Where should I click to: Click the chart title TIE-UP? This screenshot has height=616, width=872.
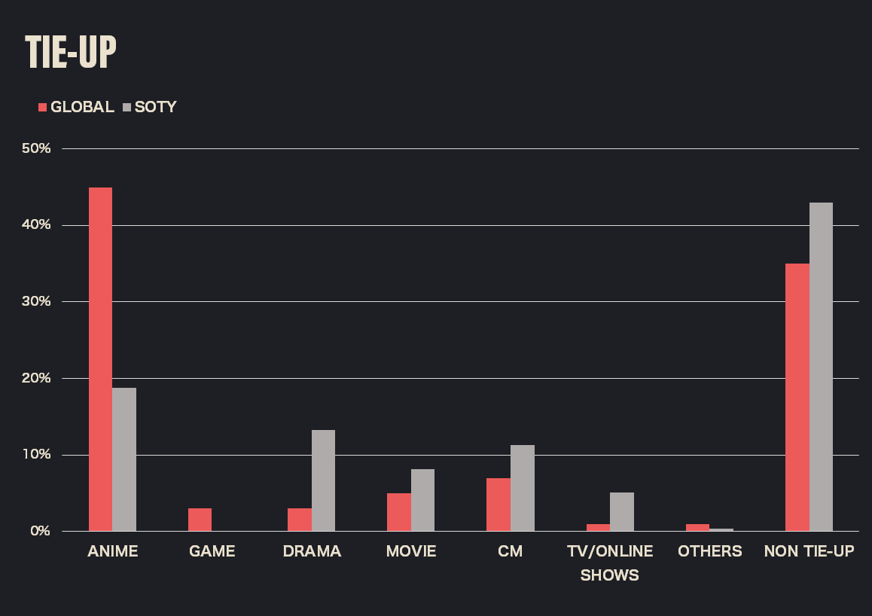point(71,52)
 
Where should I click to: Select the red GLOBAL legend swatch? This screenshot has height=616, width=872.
point(43,107)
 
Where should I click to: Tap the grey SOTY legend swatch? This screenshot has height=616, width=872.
point(127,107)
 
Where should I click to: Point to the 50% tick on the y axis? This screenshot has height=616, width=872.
point(36,148)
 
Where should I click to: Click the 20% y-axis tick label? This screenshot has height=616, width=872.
point(36,378)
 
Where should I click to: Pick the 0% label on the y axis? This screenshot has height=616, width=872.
point(39,531)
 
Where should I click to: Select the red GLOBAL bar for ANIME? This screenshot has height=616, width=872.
point(100,359)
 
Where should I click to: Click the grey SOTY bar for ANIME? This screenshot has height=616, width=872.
point(124,459)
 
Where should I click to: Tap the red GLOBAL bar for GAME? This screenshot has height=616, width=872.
point(200,520)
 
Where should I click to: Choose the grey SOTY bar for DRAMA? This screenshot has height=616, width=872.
point(323,480)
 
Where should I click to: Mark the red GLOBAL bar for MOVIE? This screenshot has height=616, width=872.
point(398,512)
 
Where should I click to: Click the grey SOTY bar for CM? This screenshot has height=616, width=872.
point(522,488)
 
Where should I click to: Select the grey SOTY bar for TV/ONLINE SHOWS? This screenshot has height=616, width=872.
point(621,512)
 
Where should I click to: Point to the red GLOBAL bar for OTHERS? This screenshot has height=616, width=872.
point(697,527)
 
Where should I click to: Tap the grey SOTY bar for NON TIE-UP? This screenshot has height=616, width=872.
point(821,367)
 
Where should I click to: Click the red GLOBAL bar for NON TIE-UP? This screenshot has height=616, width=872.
point(797,397)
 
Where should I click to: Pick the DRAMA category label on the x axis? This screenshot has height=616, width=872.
point(312,551)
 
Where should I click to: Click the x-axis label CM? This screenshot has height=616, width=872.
point(510,551)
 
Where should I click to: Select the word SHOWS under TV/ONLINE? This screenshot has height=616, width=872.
point(610,575)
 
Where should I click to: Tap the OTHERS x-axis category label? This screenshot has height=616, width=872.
point(709,551)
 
